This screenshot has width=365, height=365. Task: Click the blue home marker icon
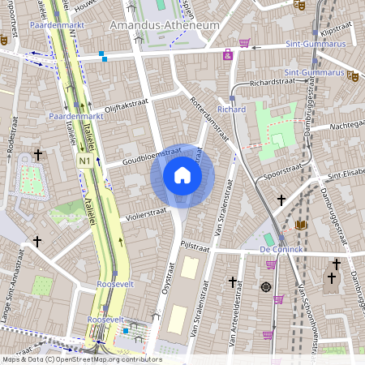coord(182,175)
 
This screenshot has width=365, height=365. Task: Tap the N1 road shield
coord(84,161)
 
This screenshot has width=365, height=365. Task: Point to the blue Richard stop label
coord(232,109)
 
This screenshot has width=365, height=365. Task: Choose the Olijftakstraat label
coord(127,106)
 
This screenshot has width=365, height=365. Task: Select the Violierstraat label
coord(146,214)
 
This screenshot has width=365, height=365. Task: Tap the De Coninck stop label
coord(280,250)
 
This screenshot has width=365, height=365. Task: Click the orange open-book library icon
coord(302,225)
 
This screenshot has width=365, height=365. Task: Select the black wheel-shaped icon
coord(266,286)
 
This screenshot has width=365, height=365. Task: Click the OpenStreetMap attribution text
coord(81,359)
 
